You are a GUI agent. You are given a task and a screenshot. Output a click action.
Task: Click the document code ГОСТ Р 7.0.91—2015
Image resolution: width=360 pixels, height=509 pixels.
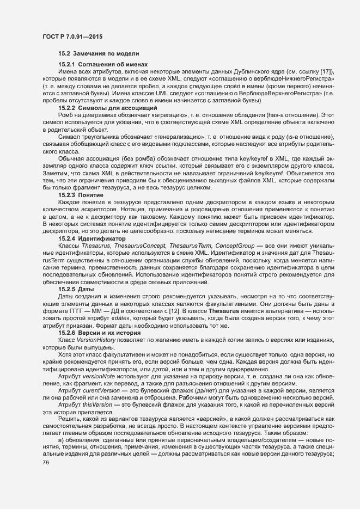coord(72,36)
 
